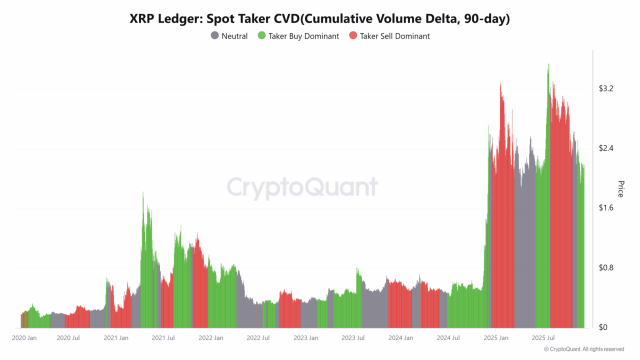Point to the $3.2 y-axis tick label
click(x=605, y=88)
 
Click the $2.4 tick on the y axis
click(x=605, y=148)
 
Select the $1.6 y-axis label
click(x=605, y=208)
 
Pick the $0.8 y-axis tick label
click(x=605, y=268)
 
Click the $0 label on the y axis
click(x=602, y=328)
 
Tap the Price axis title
click(x=622, y=188)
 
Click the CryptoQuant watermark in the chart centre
click(x=301, y=187)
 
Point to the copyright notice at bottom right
click(x=589, y=350)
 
